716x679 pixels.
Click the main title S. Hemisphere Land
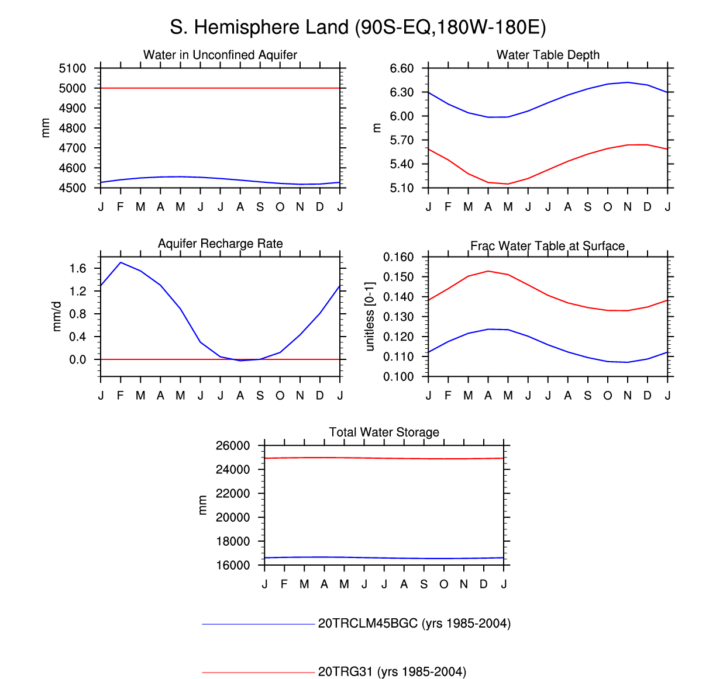click(357, 27)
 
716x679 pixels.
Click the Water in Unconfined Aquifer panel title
click(220, 55)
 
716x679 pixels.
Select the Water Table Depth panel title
click(548, 55)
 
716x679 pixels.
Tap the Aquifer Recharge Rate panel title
click(220, 244)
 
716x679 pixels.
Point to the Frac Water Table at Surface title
click(548, 246)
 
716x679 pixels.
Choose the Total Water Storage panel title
click(384, 432)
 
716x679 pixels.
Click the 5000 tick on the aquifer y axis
click(73, 88)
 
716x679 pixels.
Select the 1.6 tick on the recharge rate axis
click(77, 268)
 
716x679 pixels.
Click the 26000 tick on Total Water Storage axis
click(233, 446)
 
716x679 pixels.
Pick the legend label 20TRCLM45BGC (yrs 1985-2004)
click(414, 623)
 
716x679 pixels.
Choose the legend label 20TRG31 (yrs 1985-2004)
click(392, 672)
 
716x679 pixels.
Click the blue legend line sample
click(259, 624)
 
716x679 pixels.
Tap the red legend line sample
click(259, 673)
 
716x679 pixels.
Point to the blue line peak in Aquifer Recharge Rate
click(121, 262)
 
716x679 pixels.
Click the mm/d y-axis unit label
click(57, 316)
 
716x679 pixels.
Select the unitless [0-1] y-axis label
click(369, 317)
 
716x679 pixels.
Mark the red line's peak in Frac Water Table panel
click(488, 271)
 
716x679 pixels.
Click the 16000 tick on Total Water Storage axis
click(233, 565)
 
